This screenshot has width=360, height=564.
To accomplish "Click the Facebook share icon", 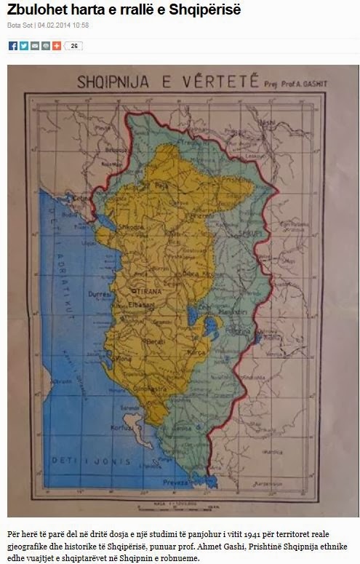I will (13, 46).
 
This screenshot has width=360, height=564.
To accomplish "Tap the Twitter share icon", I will (23, 46).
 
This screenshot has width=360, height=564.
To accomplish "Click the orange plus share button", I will (56, 46).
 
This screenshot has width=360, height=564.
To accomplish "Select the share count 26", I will (74, 46).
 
